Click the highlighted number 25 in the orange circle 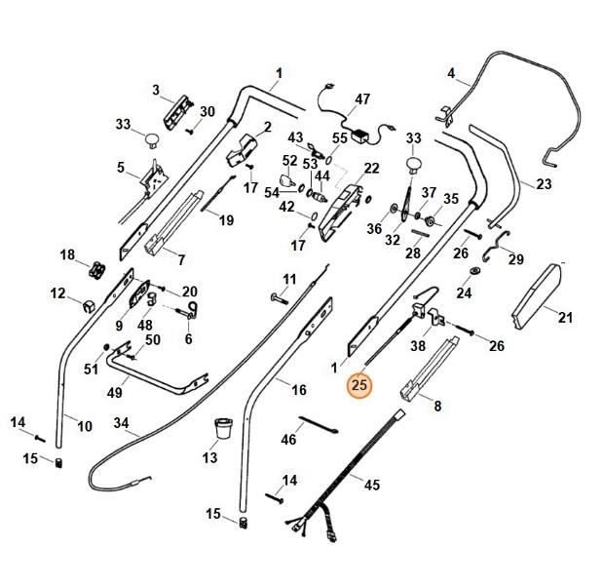[x=359, y=386]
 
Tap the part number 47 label [x=362, y=99]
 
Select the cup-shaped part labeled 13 [x=223, y=428]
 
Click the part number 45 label [x=372, y=484]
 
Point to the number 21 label [x=565, y=316]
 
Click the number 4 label [x=451, y=73]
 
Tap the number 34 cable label [x=121, y=423]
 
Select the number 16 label [x=299, y=390]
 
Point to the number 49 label [x=114, y=392]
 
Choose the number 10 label [x=85, y=425]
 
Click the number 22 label [x=371, y=169]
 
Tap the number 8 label [x=436, y=406]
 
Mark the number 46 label [x=288, y=440]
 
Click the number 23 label [x=544, y=183]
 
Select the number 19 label [x=226, y=220]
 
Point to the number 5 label [x=121, y=168]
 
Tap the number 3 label [x=156, y=90]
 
